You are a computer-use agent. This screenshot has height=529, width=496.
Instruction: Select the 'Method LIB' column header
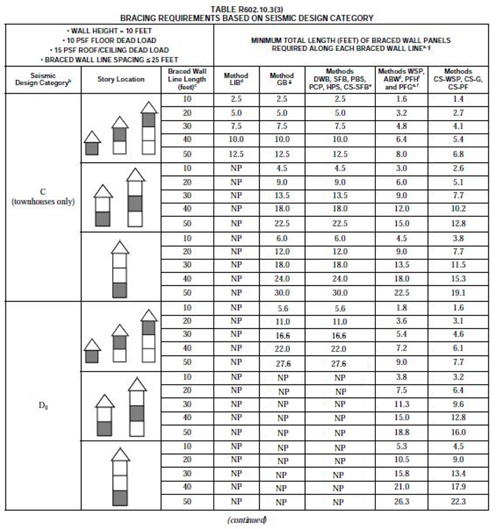click(x=236, y=79)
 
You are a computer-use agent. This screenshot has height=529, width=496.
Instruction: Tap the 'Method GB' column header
click(x=282, y=79)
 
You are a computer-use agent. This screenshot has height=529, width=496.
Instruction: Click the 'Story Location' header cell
click(x=121, y=79)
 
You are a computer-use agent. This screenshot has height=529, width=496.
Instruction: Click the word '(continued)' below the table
click(x=247, y=520)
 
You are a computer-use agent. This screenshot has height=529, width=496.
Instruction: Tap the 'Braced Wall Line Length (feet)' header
click(x=187, y=79)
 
